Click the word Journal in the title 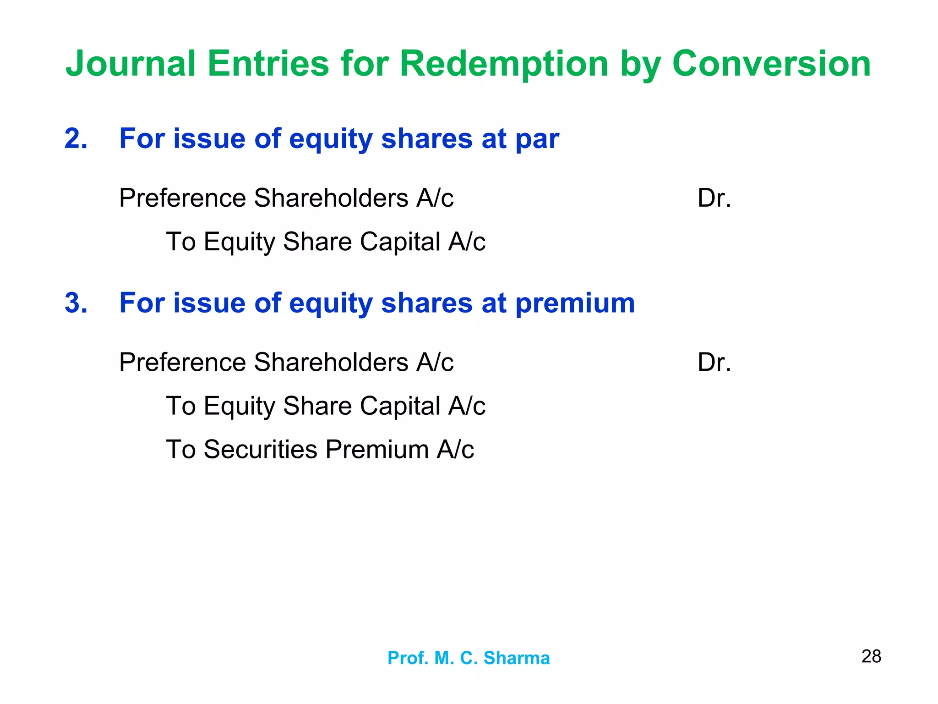pos(131,64)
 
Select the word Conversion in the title pos(771,64)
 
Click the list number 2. pos(76,138)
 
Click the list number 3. pos(76,303)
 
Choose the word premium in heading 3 pos(575,304)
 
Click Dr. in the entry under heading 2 pos(714,198)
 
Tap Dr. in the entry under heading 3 pos(714,363)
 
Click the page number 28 pos(871,656)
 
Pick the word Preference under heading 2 pos(183,198)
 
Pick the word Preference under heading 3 pos(183,363)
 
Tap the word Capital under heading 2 pos(400,242)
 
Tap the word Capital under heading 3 pos(400,406)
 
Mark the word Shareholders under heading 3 pos(331,363)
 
